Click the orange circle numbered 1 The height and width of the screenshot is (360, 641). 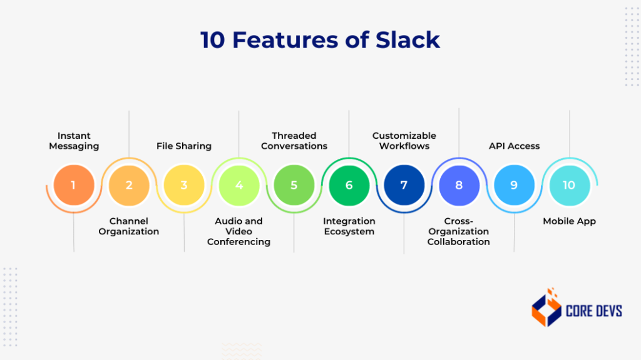(74, 185)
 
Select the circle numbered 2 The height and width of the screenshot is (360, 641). (129, 185)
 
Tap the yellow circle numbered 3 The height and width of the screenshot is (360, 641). (184, 185)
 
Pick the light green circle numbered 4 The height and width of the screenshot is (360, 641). (239, 185)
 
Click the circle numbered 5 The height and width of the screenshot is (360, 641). (294, 185)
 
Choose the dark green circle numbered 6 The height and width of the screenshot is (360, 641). (349, 185)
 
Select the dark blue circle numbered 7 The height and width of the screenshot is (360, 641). (404, 185)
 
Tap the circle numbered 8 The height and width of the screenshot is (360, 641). (459, 185)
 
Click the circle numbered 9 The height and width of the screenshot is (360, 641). (515, 185)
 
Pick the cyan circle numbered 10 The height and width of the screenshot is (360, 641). (569, 185)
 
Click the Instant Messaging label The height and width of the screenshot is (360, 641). (74, 141)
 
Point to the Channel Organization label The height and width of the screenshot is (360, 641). (129, 226)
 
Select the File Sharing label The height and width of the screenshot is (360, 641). (184, 146)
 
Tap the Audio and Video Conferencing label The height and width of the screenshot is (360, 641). (239, 231)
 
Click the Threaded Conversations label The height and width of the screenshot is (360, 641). (294, 141)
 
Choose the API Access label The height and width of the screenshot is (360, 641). (515, 146)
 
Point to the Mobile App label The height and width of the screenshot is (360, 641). (569, 221)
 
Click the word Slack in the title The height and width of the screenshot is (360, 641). (408, 39)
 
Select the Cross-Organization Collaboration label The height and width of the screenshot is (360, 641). (459, 231)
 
